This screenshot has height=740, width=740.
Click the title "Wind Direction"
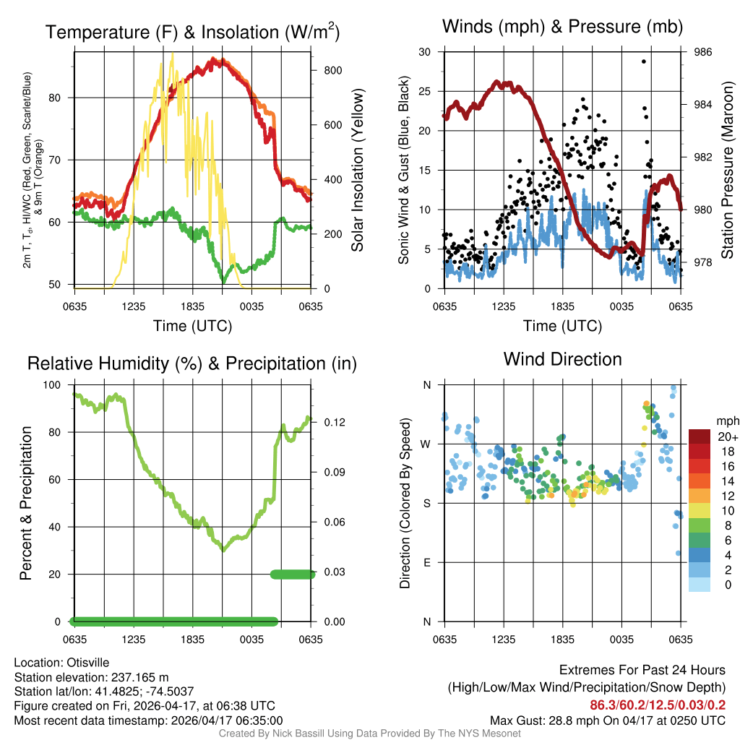562,359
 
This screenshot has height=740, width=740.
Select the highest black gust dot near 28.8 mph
643,61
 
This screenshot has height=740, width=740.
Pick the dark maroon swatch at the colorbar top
700,436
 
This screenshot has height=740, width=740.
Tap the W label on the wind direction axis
426,444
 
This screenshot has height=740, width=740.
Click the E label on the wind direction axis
426,562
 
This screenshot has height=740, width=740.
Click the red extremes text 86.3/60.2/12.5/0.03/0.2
658,705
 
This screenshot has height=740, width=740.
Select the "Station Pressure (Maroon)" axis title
728,171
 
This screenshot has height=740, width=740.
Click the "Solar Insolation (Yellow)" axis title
357,171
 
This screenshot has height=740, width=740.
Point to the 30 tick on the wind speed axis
425,52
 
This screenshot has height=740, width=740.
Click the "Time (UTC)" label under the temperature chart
192,326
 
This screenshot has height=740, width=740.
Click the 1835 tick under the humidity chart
192,640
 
